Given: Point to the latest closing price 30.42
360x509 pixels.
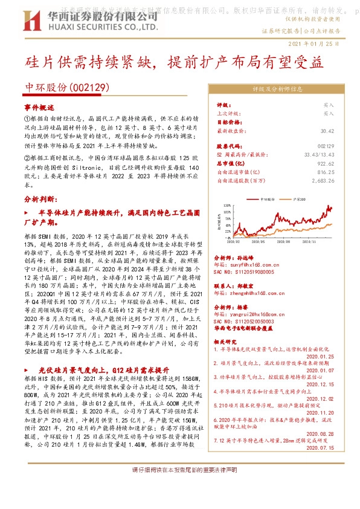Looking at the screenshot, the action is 327,130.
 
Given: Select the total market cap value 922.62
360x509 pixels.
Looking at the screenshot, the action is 326,163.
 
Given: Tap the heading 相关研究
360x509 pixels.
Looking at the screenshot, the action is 228,342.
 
